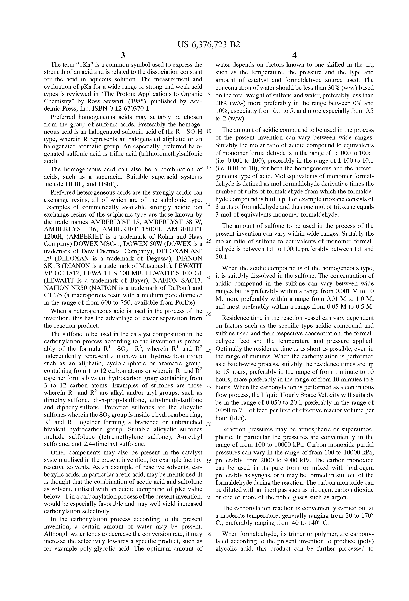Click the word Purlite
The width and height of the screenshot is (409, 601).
click(186, 303)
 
